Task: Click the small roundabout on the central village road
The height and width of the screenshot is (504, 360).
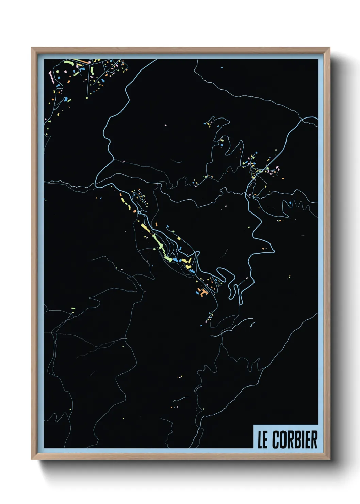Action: (x=140, y=211)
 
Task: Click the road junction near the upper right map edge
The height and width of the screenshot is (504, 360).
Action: (x=301, y=120)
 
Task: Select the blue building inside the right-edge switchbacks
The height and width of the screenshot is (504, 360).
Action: (x=290, y=203)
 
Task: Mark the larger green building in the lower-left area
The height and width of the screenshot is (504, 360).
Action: (x=73, y=309)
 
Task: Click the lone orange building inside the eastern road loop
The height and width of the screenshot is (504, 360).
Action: (x=262, y=249)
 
